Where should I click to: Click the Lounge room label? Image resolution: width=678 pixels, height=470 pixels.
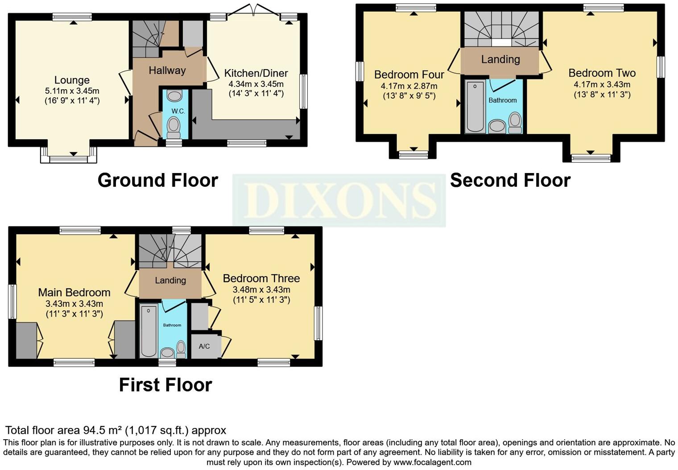point(72,80)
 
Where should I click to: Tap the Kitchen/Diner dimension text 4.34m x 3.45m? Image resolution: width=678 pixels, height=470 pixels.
point(256,84)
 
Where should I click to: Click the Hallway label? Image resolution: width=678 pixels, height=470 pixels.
point(167,70)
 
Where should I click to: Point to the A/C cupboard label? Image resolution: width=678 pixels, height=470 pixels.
point(204,346)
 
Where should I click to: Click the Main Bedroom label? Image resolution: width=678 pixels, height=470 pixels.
point(74,293)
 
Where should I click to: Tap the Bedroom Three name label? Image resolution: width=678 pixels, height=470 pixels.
point(261,279)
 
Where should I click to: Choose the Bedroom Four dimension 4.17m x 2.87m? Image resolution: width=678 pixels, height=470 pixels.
point(409,86)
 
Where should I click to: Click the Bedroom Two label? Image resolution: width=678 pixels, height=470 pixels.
point(602,73)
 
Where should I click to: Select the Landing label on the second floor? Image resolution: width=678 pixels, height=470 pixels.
point(500,59)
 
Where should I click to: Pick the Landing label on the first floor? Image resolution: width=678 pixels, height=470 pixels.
point(170,280)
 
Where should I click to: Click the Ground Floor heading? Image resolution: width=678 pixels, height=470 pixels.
point(157,181)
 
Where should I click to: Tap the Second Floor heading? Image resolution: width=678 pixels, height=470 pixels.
point(510,181)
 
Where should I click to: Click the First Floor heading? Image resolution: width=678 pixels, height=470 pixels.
point(165,385)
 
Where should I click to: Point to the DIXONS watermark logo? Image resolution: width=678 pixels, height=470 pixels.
point(339,200)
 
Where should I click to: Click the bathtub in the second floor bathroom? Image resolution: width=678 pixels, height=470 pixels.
point(475,107)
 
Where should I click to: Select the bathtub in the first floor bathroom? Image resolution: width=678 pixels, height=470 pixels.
point(149,330)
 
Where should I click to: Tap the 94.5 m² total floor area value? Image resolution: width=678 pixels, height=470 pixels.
point(103,430)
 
